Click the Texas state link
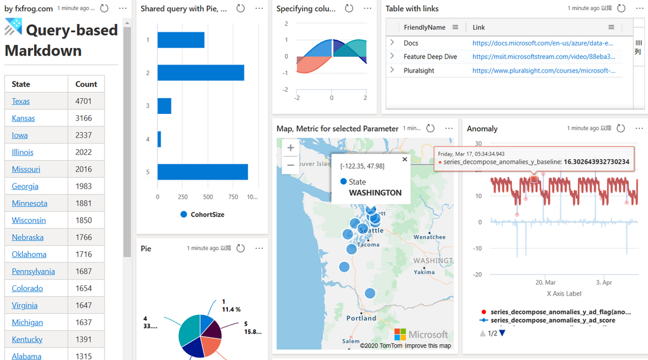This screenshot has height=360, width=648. (21, 101)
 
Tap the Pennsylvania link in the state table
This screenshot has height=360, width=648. (33, 271)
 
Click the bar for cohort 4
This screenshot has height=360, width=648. (159, 139)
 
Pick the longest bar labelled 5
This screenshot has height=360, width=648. (202, 172)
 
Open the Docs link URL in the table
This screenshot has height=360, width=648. (542, 43)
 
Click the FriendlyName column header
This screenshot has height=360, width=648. (425, 27)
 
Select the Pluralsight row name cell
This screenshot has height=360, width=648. (419, 71)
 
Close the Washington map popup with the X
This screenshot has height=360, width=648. (405, 159)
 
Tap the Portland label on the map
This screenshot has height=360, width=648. (361, 318)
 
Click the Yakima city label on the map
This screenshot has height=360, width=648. (424, 272)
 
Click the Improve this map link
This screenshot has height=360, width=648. (428, 345)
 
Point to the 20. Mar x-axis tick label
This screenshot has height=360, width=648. (545, 282)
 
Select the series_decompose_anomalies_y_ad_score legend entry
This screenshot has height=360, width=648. (553, 320)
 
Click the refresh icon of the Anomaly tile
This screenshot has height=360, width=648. (621, 128)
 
